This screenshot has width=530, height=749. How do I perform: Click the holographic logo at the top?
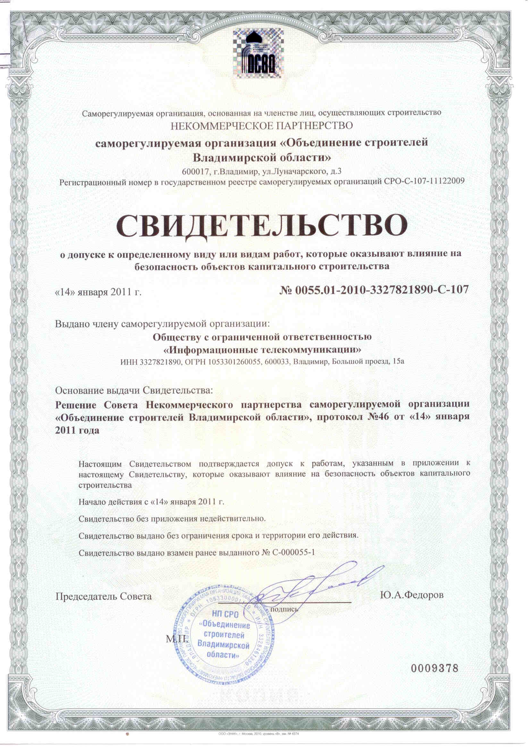coord(258,54)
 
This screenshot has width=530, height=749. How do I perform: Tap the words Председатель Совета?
coord(104,596)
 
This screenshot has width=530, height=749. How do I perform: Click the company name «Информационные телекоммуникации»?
coord(262,350)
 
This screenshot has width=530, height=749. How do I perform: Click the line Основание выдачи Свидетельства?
coord(134,390)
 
